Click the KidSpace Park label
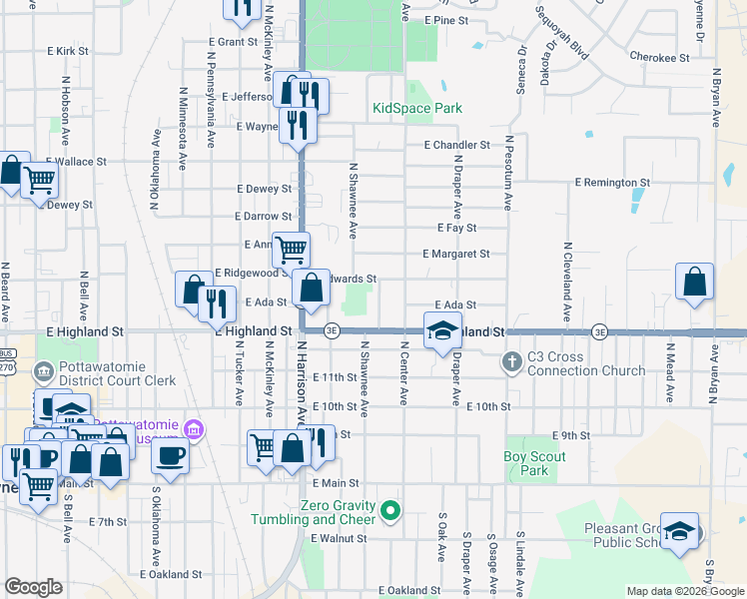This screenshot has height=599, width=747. [417, 108]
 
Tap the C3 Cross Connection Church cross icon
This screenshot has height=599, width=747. [511, 360]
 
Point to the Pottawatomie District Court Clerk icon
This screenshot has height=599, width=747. [44, 373]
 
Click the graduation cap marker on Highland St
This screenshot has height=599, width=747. [440, 330]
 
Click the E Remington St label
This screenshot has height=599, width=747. [612, 183]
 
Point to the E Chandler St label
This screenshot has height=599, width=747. [456, 145]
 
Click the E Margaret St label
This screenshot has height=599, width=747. [455, 255]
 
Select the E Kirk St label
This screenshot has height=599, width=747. [68, 50]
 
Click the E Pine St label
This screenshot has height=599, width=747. [445, 20]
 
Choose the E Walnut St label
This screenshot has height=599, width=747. [339, 538]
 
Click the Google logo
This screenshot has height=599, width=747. [33, 587]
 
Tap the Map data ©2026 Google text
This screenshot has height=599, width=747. [684, 591]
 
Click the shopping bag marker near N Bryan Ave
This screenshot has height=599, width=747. [694, 282]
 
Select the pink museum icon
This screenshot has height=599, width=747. [195, 431]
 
